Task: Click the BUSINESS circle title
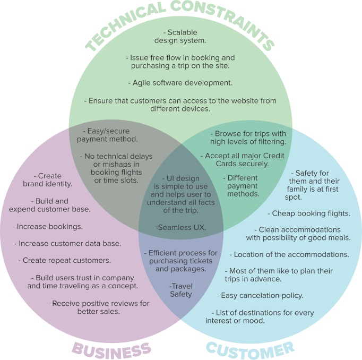(111, 349)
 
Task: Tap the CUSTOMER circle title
(249, 348)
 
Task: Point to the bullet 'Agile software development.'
(180, 83)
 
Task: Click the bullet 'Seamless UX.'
(181, 228)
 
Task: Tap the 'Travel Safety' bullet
(181, 290)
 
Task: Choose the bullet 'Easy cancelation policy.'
(260, 295)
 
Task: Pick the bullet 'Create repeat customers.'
(64, 261)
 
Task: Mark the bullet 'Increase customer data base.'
(67, 244)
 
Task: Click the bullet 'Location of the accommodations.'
(289, 254)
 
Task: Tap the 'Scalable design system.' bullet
(180, 37)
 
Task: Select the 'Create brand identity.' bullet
(48, 180)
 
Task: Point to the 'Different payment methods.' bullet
(243, 186)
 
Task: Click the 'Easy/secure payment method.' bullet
(107, 135)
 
